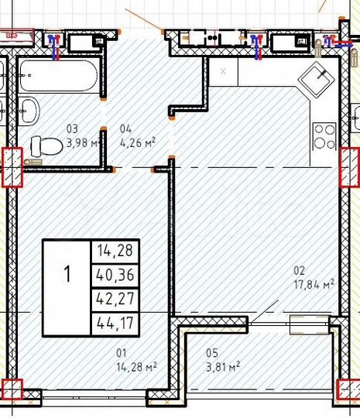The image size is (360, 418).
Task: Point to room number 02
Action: point(299,270)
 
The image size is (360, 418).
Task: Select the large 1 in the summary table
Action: point(67,274)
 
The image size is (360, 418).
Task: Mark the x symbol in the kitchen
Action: point(224,71)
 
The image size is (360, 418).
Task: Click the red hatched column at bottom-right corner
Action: point(351,390)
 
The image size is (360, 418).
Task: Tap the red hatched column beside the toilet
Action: point(13,166)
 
